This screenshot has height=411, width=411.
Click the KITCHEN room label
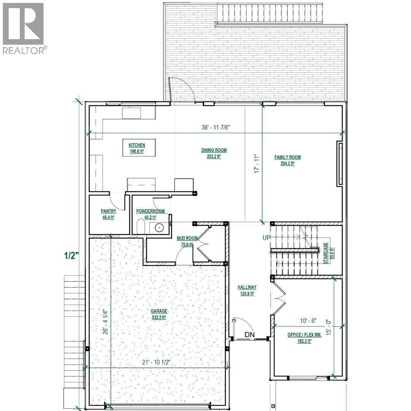tap(137, 145)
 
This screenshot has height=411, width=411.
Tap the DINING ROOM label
tap(211, 150)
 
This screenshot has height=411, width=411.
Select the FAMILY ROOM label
tap(288, 157)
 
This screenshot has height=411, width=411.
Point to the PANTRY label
tap(108, 211)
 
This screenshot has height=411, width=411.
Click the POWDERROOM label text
tap(150, 211)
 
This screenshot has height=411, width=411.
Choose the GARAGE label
tap(159, 311)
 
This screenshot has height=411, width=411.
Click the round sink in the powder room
tap(158, 228)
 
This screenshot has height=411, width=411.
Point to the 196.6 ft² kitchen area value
tap(137, 151)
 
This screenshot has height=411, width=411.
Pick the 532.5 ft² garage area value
tap(159, 317)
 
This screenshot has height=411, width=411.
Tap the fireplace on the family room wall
tap(340, 164)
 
